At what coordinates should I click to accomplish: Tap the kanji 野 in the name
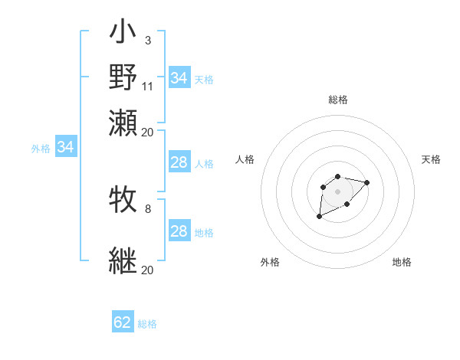[123, 79]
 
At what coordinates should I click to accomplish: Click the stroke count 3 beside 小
[147, 39]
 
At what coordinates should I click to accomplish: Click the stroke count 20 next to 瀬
[148, 131]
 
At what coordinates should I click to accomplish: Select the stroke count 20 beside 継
[148, 270]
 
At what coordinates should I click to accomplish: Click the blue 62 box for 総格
[123, 322]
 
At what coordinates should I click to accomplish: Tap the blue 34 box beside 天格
[179, 78]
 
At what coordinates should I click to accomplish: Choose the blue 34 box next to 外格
[65, 147]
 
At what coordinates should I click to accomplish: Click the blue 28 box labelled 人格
[179, 162]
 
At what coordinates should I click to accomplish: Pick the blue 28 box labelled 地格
[179, 231]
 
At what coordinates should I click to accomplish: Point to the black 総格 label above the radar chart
[337, 100]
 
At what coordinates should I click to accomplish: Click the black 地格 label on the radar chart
[402, 263]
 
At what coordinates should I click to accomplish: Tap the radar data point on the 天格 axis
[366, 182]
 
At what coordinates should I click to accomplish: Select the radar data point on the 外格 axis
[320, 217]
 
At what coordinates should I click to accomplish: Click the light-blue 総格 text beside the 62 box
[147, 324]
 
